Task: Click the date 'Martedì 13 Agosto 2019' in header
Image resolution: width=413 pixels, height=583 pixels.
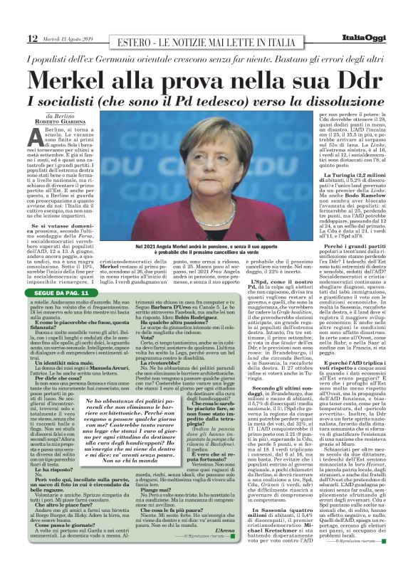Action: [x=67, y=38]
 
